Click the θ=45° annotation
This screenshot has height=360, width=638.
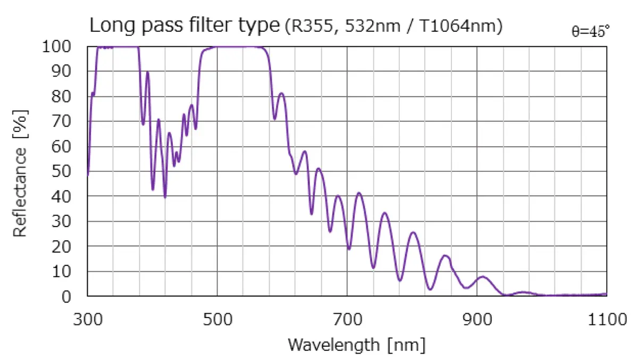pos(590,31)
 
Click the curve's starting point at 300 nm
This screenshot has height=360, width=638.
pos(88,174)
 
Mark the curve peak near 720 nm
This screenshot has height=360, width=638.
pos(359,192)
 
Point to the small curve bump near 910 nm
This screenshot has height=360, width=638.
pos(482,277)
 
